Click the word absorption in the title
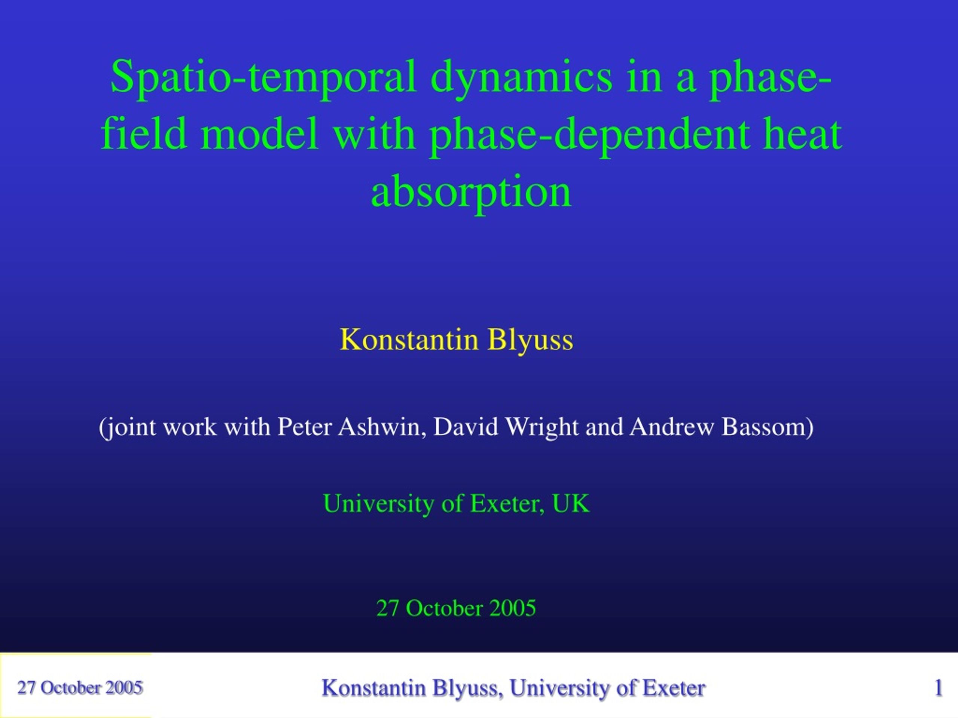click(471, 193)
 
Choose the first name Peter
click(305, 427)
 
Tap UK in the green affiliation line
click(570, 504)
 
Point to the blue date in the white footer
click(80, 688)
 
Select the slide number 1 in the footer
click(939, 688)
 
